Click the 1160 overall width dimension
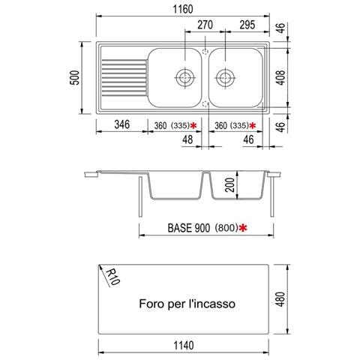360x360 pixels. [x=183, y=9]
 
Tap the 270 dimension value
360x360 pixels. [x=205, y=25]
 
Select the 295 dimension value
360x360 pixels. [x=247, y=25]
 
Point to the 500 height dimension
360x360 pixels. [x=75, y=77]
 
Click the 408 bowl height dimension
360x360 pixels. [x=281, y=78]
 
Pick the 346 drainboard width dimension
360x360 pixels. [x=122, y=124]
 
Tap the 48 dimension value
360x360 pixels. [x=187, y=139]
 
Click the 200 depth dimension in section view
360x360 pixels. [x=230, y=185]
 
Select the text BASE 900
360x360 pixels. [x=189, y=228]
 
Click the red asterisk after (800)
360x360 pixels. [x=243, y=228]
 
